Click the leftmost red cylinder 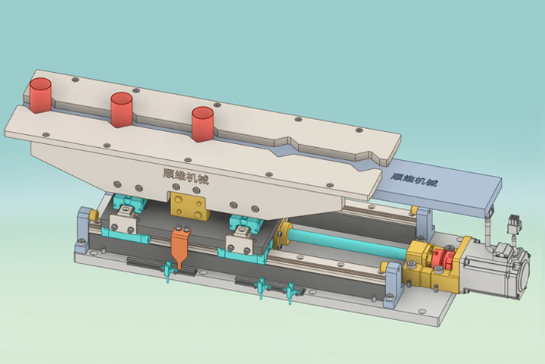[x=41, y=95]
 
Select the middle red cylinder [x=122, y=109]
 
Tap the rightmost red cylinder [x=203, y=124]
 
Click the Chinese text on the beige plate [x=186, y=176]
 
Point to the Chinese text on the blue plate [x=413, y=179]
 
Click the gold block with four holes [x=188, y=207]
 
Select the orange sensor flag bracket [x=181, y=246]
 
